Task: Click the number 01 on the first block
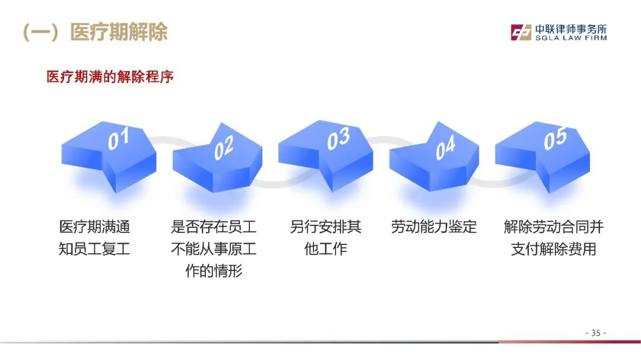(119, 138)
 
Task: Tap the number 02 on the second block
(224, 148)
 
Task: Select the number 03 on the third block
(338, 138)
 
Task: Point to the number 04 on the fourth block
(445, 148)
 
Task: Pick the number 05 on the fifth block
(555, 138)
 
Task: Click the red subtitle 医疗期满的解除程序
(110, 77)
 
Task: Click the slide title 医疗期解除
(119, 32)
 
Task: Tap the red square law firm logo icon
(521, 32)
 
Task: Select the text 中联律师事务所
(571, 29)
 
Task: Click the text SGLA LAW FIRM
(571, 38)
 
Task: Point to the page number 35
(596, 333)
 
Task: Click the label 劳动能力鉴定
(434, 227)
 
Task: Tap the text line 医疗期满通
(94, 227)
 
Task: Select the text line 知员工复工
(94, 249)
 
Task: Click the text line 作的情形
(214, 270)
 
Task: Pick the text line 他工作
(325, 249)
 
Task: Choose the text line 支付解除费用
(554, 249)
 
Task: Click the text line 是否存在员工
(214, 227)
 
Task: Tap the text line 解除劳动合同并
(554, 227)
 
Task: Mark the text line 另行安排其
(325, 227)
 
